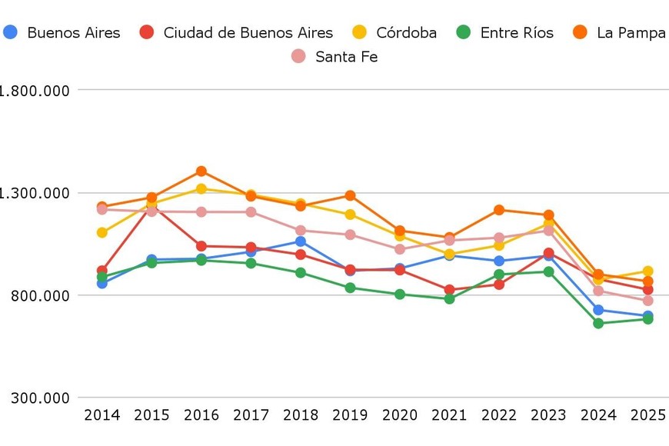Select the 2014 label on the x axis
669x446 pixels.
[x=102, y=415]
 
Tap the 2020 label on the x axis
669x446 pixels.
[x=400, y=415]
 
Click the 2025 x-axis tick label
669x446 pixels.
[x=647, y=415]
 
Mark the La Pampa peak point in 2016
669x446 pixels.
[x=201, y=171]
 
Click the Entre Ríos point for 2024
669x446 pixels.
[x=598, y=323]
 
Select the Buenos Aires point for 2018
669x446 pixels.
[x=301, y=241]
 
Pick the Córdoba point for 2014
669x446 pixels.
[x=102, y=232]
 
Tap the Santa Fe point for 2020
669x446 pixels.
[x=400, y=249]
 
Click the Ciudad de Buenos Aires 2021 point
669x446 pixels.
[x=449, y=290]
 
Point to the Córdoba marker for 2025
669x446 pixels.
[x=647, y=271]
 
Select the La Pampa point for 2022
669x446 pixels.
[x=499, y=210]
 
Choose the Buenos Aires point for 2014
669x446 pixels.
[x=102, y=283]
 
